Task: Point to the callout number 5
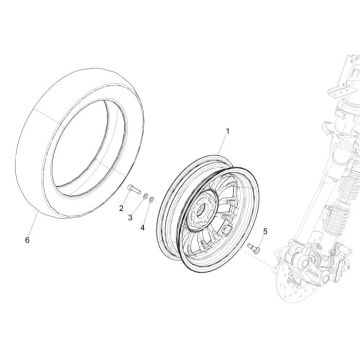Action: [264, 232]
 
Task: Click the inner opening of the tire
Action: [95, 150]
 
